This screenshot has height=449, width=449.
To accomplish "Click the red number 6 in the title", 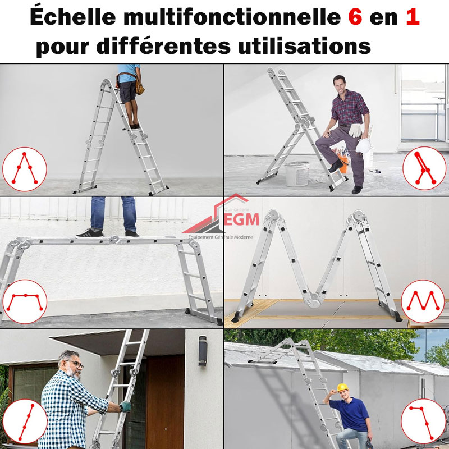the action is coord(355,17).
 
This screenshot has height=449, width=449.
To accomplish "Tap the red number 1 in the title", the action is coord(413,17).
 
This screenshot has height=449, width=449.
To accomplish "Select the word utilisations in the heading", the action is coord(304,45).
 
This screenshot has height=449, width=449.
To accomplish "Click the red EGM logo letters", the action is coord(241,219).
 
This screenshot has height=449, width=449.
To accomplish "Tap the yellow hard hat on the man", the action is coord(342,387).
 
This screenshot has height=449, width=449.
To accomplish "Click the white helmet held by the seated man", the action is coord(363,145).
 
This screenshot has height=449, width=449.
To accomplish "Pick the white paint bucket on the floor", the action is coord(297,173).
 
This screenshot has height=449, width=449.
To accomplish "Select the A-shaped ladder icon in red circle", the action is coord(24,169).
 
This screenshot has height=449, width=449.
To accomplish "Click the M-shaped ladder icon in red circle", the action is coord(423,301).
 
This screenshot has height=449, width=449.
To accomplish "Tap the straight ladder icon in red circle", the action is coord(25,421).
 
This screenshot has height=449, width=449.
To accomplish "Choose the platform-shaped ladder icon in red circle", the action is coord(25,301).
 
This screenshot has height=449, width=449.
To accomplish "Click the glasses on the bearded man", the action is coord(76,364).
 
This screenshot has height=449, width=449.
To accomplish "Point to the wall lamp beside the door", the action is coord(203,350).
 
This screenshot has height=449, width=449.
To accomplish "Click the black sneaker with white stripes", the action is coord(90,233).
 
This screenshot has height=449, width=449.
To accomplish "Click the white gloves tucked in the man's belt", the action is coord(356,130).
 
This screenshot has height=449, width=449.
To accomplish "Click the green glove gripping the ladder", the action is coord(125,406).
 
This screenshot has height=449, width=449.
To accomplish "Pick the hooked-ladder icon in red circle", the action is coord(423,421).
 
